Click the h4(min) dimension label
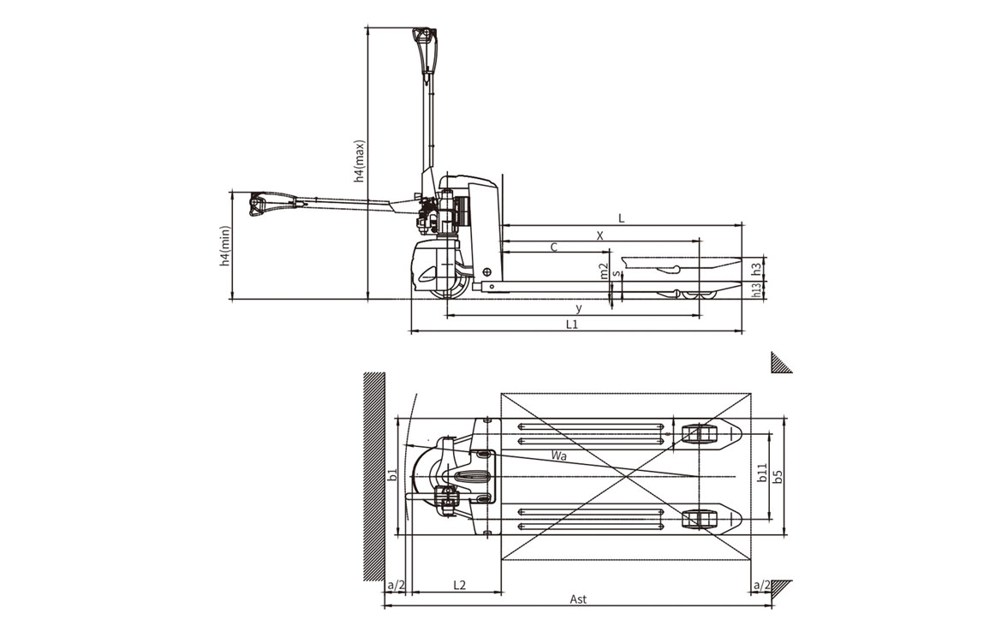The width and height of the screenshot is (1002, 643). [x=224, y=246]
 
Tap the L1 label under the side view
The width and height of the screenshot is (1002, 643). [x=572, y=324]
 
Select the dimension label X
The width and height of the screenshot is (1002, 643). [x=600, y=235]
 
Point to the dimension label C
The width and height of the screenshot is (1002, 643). [x=554, y=247]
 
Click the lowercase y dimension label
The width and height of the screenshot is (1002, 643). [x=579, y=308]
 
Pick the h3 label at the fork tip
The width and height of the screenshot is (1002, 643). [x=756, y=269]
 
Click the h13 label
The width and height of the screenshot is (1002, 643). [x=756, y=290]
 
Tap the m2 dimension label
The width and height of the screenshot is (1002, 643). [x=604, y=271]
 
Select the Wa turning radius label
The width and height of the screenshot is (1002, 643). [x=559, y=455]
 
